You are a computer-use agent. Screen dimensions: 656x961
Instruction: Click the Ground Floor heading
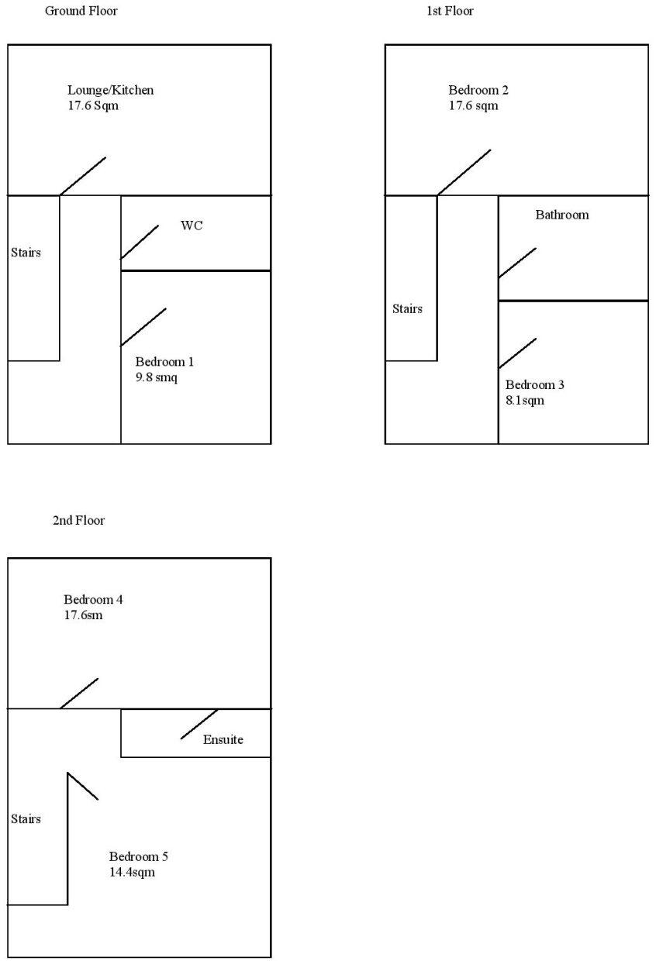click(81, 11)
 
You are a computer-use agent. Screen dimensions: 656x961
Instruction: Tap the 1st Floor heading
click(450, 11)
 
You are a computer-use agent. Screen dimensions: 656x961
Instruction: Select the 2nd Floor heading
click(78, 521)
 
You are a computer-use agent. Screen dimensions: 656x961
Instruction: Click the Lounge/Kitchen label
click(110, 90)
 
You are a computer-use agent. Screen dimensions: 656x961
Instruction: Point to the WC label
click(192, 226)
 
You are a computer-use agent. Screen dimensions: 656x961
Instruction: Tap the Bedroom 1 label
click(164, 362)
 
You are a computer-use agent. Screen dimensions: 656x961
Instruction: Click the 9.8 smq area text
click(157, 377)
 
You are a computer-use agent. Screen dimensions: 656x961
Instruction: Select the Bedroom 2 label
click(478, 90)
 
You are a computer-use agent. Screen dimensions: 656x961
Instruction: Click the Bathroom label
click(561, 215)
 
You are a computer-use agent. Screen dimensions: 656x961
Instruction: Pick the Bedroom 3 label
click(535, 385)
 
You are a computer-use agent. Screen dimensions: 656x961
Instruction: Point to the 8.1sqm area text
click(525, 401)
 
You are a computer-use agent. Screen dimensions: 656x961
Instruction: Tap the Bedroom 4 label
click(93, 599)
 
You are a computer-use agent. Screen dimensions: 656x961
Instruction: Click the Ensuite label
click(223, 739)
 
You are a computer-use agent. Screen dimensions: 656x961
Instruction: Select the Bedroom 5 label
click(138, 856)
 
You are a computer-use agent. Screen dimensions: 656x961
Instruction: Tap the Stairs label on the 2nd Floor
click(26, 818)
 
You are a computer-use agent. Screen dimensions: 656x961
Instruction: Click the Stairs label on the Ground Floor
click(26, 252)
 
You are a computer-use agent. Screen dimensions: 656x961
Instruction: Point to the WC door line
click(140, 242)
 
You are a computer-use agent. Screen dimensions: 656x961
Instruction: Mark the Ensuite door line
click(199, 724)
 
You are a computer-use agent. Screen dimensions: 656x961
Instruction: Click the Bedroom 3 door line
click(517, 353)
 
